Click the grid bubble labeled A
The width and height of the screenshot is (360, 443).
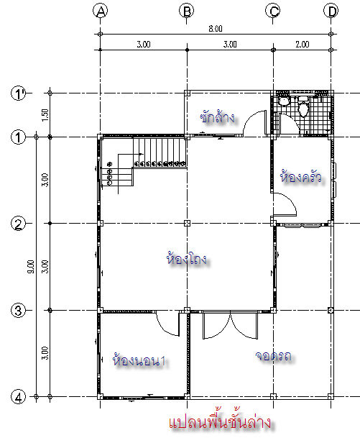101,11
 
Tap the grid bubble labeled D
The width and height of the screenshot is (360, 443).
331,11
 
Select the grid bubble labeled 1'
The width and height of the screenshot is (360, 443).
19,93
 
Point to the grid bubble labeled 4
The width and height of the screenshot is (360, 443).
19,397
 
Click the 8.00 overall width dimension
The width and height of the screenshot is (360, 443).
216,29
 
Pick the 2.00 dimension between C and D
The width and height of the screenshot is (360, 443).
302,45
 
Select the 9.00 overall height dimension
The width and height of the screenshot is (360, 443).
31,266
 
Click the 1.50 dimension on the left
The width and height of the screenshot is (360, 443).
45,115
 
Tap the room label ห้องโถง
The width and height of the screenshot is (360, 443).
187,258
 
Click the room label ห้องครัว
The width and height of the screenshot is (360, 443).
300,177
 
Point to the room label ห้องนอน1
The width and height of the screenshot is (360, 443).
139,360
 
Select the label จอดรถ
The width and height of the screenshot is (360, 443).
273,356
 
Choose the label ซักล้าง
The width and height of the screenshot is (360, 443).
217,117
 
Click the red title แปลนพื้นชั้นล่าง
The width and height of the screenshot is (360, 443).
220,422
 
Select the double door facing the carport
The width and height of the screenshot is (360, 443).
231,325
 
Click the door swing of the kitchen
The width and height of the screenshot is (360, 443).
285,204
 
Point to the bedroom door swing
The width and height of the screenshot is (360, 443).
168,324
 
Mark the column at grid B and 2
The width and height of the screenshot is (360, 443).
187,224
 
